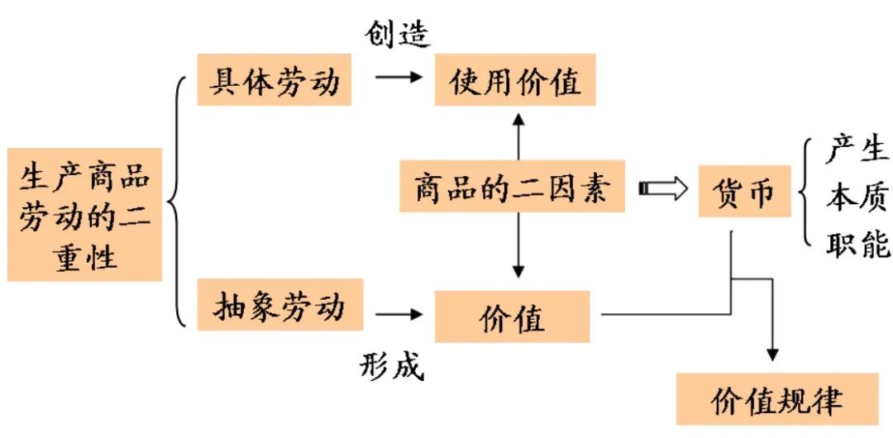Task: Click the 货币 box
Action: [x=744, y=191]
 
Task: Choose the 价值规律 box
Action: [x=776, y=400]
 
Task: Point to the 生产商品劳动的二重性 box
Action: [x=84, y=215]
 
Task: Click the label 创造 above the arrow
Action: [x=398, y=34]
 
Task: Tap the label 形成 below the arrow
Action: [x=391, y=364]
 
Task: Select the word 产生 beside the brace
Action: [x=857, y=150]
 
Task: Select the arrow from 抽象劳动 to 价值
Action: [x=396, y=314]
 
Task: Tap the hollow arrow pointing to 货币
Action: [x=663, y=189]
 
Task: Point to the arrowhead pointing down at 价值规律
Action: [x=772, y=354]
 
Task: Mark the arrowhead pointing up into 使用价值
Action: [x=518, y=121]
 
